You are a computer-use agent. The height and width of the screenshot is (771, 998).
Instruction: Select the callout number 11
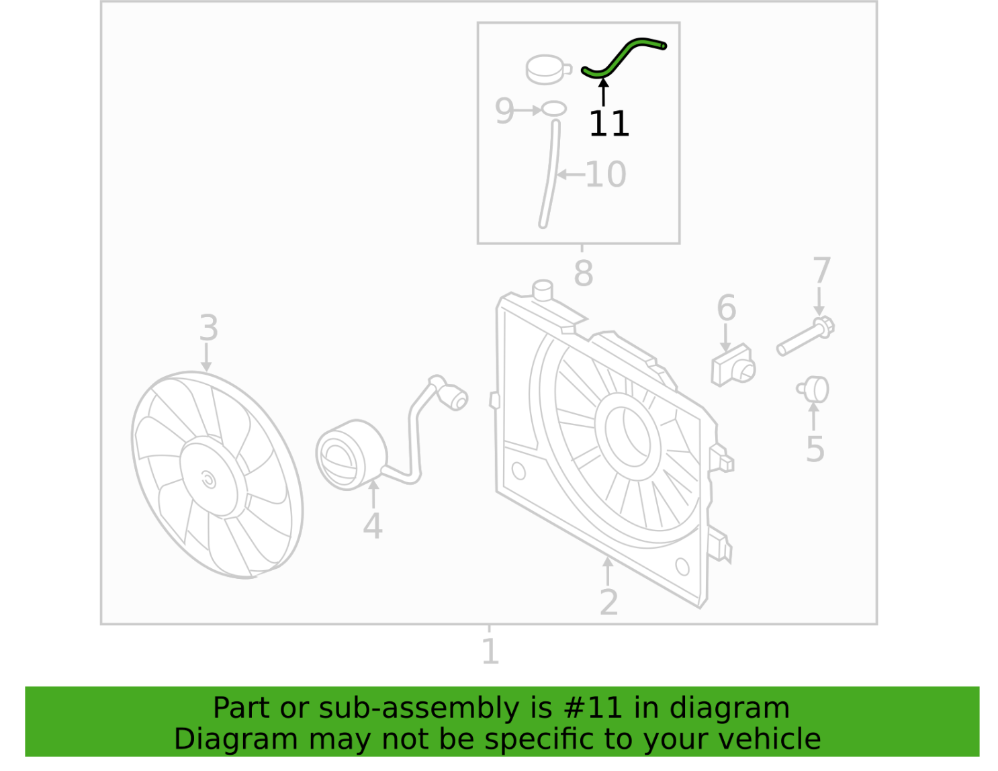(609, 124)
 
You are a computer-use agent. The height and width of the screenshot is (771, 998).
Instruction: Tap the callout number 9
(504, 111)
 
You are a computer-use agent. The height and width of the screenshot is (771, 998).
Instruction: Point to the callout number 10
(606, 175)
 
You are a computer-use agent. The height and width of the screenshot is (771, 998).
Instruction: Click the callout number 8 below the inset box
(583, 273)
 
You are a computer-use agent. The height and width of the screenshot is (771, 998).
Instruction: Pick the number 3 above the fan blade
(208, 328)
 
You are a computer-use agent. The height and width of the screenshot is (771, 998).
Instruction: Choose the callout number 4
(373, 527)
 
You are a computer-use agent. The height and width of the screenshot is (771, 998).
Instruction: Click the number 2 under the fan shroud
(609, 602)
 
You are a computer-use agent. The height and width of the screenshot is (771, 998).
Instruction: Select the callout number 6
(727, 308)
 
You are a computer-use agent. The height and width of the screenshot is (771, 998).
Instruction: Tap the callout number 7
(821, 271)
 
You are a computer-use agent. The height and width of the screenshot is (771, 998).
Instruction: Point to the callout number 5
(815, 449)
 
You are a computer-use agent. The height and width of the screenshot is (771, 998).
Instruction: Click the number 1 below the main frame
(490, 651)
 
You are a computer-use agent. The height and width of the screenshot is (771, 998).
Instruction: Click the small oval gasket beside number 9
(554, 109)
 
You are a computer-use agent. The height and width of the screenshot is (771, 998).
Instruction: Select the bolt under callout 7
(805, 336)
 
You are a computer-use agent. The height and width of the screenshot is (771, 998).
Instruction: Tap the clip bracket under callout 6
(733, 365)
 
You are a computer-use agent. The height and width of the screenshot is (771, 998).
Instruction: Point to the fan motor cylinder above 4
(351, 455)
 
